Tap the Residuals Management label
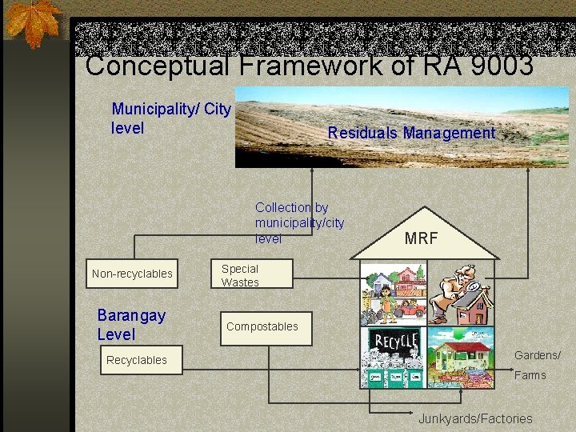pos(411,133)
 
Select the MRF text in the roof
pos(421,238)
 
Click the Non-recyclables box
pos(132,274)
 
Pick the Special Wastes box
pos(240,275)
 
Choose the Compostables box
pos(262,326)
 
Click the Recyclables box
pos(137,360)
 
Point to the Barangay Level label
pos(131,324)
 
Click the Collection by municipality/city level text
pos(299,222)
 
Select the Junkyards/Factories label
pos(475,418)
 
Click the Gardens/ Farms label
pos(537,365)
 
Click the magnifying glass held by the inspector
pos(473,286)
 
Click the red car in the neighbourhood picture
pos(412,308)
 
